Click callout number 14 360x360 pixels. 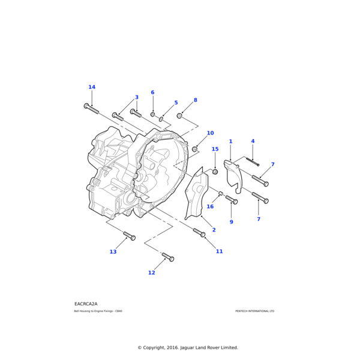92,87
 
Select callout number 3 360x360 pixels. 136,97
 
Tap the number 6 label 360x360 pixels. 152,92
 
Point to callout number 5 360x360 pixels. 176,103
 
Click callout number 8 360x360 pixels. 195,100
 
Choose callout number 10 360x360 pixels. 210,133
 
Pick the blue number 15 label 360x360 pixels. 215,149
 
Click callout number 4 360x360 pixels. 253,142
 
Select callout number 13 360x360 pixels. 113,252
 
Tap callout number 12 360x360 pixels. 151,273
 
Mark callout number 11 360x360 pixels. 219,251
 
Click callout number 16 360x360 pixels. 210,207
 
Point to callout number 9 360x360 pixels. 231,222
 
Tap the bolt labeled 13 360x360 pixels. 129,236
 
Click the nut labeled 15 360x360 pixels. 215,172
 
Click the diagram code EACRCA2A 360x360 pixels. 86,304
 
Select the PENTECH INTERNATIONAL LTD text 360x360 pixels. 254,311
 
